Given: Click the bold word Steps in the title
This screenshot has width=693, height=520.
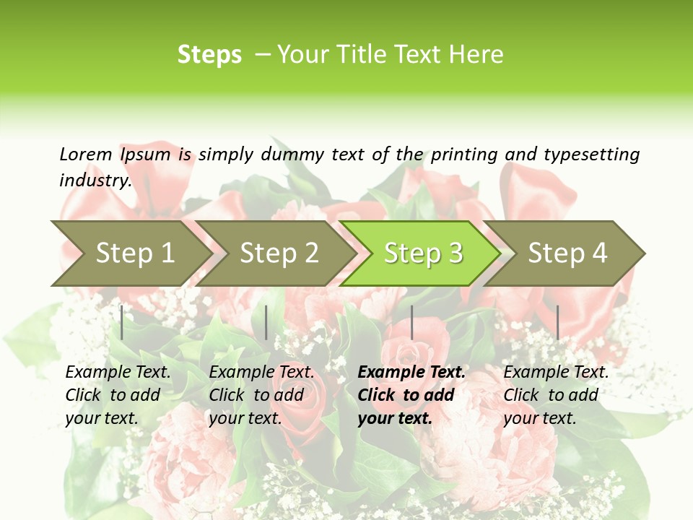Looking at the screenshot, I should (209, 55).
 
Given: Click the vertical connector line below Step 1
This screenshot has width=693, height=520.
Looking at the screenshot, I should (122, 322).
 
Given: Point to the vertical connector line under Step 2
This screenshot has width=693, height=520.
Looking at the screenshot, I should (266, 322).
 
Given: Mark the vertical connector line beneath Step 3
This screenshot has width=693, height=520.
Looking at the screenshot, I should (411, 322).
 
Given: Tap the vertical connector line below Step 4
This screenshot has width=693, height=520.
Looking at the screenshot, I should (557, 322).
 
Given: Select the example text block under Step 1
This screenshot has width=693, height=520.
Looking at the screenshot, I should (118, 395).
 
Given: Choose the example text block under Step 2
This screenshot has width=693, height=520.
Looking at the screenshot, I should (261, 395).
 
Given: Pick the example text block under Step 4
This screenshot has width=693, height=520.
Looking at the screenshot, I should (556, 395).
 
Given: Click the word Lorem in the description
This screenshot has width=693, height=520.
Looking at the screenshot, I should (86, 154).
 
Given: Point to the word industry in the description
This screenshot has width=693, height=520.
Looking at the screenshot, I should (95, 181).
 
